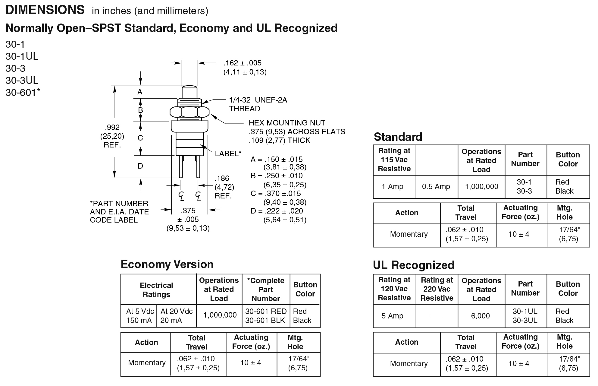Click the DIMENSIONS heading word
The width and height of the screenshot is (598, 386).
(x=45, y=10)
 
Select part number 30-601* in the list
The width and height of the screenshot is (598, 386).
(x=23, y=93)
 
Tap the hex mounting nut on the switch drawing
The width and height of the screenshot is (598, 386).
(x=189, y=112)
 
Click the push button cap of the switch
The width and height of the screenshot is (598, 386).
(x=189, y=92)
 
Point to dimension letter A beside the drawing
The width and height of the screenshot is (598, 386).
(x=140, y=92)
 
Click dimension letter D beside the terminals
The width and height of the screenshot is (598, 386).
(x=140, y=166)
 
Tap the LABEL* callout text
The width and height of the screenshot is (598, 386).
(x=228, y=154)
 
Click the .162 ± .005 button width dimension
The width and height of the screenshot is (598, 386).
(x=243, y=63)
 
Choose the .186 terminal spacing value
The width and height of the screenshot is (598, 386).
(x=222, y=178)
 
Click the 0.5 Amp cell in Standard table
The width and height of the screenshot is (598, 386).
(x=436, y=187)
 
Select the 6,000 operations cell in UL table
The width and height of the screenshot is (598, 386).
(x=481, y=316)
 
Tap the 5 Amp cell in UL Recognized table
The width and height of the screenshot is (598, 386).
(x=392, y=316)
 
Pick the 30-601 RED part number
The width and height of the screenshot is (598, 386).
(x=266, y=311)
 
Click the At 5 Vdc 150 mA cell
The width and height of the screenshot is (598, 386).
(x=139, y=316)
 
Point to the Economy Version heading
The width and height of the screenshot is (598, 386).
(x=167, y=264)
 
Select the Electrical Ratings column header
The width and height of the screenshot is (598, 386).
(x=156, y=290)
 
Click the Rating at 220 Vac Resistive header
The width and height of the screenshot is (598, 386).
(x=437, y=289)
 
